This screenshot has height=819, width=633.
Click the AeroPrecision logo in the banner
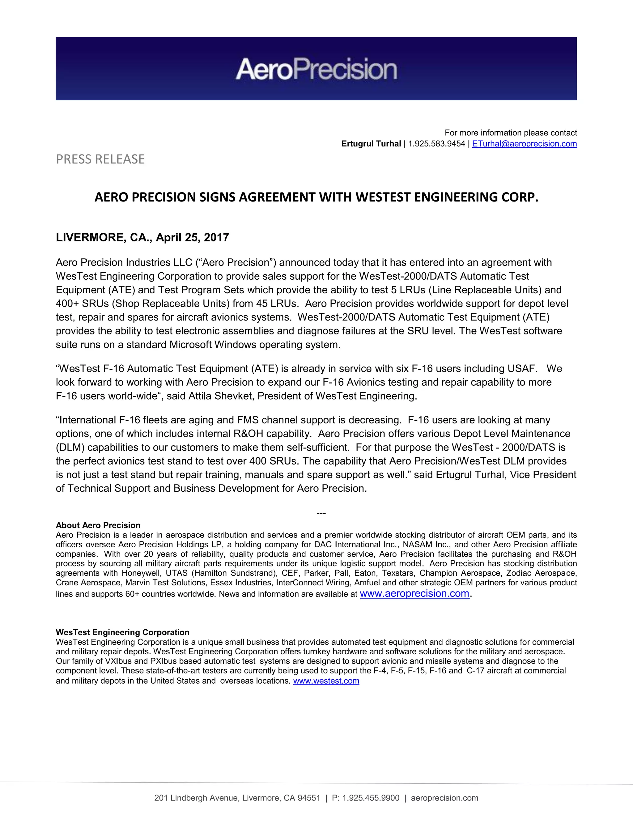tap(316, 69)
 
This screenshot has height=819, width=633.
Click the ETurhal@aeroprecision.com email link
tap(524, 144)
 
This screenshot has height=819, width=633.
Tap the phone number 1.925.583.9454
tap(436, 144)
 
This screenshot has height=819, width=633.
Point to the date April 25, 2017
tap(192, 238)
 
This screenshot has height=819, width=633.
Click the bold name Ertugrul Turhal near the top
tap(371, 144)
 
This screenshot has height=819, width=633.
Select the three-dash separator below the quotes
tap(321, 513)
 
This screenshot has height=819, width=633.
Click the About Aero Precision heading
tap(98, 525)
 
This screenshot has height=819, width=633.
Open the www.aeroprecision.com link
tap(414, 594)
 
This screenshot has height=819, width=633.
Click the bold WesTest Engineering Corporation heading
tap(123, 632)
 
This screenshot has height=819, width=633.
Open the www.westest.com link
tap(326, 681)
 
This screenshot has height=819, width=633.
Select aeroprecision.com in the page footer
tap(444, 798)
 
